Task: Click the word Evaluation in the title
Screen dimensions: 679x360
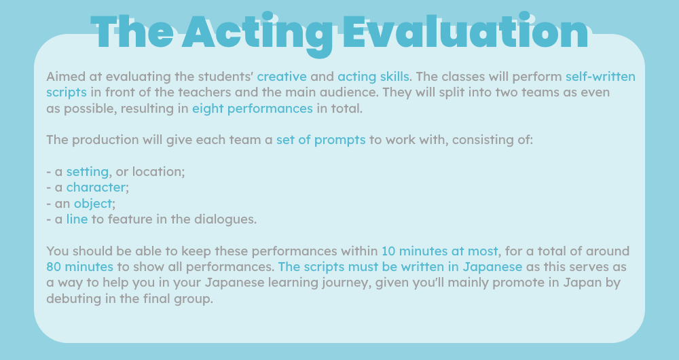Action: click(x=466, y=33)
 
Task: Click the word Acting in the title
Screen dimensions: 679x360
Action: click(x=257, y=35)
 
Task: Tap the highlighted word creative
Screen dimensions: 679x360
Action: click(x=282, y=77)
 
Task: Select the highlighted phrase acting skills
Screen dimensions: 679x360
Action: click(x=373, y=77)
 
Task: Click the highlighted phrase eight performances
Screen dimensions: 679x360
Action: click(x=253, y=109)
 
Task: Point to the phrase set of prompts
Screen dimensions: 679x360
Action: click(x=321, y=140)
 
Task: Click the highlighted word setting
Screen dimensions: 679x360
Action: click(x=88, y=172)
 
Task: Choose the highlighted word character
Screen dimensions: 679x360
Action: click(x=96, y=187)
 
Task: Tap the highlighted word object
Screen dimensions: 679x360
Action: click(x=92, y=204)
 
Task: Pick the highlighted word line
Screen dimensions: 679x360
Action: click(x=77, y=219)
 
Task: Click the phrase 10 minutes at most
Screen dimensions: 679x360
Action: click(x=439, y=251)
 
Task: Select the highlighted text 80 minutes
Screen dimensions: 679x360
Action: click(x=79, y=267)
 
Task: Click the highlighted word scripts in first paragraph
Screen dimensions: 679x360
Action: click(x=67, y=92)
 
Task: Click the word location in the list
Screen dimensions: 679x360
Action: click(x=158, y=172)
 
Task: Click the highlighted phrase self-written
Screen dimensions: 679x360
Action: click(x=601, y=77)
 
